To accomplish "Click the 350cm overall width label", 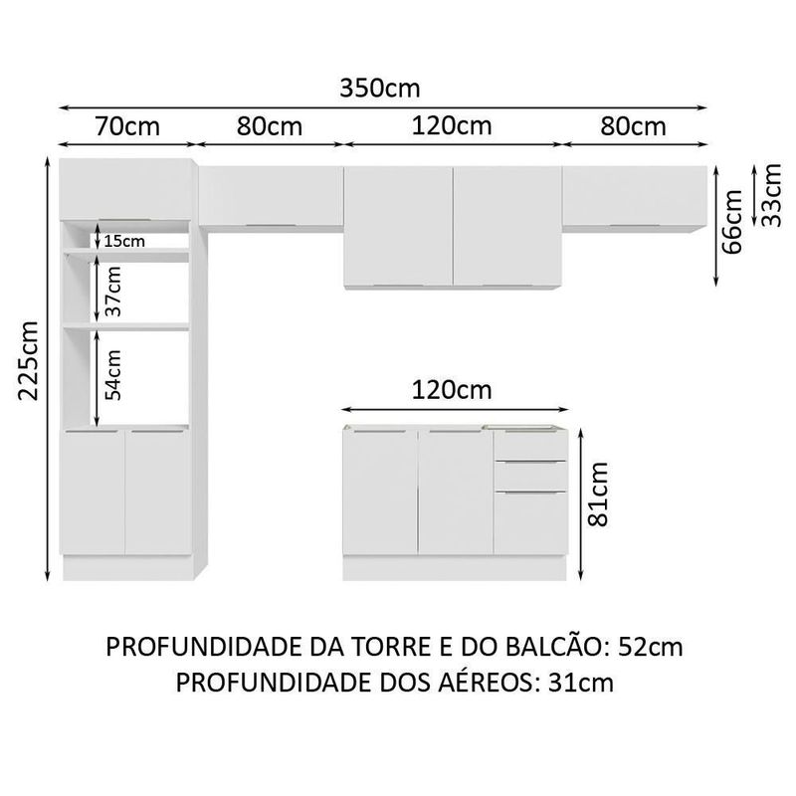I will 380,88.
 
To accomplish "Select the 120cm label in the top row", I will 452,127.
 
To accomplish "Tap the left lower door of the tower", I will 96,492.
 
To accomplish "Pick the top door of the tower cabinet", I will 126,187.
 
